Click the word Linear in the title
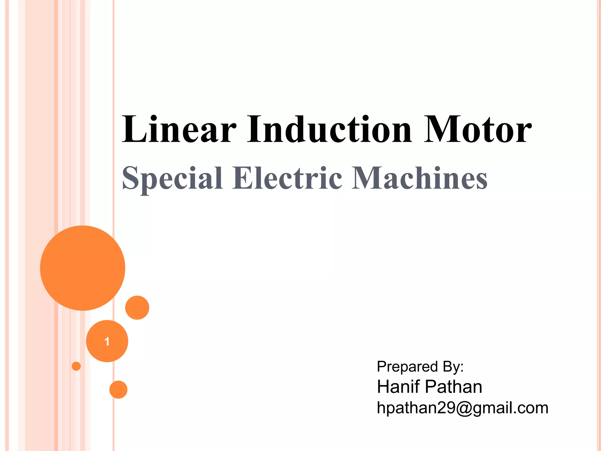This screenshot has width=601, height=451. (x=179, y=129)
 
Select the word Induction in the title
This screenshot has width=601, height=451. (x=330, y=129)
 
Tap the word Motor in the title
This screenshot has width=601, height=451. (x=478, y=129)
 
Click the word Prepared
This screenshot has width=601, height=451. (x=407, y=367)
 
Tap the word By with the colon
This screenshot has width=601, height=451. (x=453, y=367)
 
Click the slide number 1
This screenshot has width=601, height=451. (x=107, y=341)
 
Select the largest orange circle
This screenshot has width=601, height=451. (x=83, y=268)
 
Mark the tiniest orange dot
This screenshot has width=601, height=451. (x=76, y=366)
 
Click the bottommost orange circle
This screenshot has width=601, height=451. (x=118, y=390)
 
